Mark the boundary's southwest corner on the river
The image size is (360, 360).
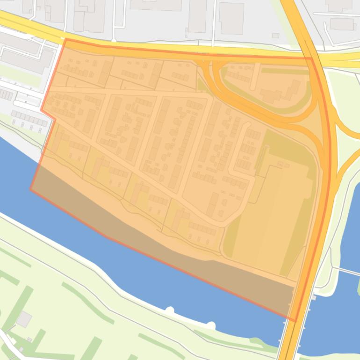click(31, 189)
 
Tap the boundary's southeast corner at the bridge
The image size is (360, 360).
click(295, 321)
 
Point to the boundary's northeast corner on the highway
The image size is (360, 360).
click(311, 58)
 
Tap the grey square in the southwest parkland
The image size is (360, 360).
click(24, 319)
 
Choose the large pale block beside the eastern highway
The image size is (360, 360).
click(274, 210)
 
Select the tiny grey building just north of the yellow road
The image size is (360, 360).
click(275, 36)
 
